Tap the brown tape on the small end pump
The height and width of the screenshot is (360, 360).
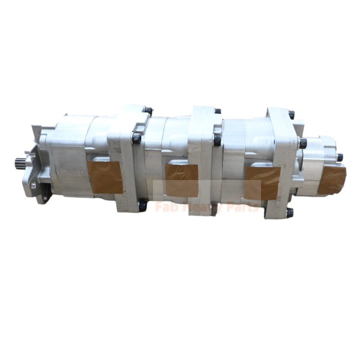tap(332, 180)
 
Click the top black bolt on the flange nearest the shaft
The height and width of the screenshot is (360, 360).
tap(148, 111)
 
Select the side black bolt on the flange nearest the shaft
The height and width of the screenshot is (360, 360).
tap(136, 139)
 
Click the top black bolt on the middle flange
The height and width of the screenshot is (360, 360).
tap(218, 111)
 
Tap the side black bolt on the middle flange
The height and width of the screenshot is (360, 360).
tap(217, 140)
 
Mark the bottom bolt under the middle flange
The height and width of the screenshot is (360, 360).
tap(215, 209)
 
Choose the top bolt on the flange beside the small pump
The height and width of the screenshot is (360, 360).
tap(291, 115)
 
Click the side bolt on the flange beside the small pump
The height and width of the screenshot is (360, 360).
tap(302, 143)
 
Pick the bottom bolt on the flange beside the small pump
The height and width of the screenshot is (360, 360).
tap(289, 212)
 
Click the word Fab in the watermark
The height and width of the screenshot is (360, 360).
tap(164, 207)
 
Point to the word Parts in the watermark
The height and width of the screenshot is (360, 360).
tap(243, 207)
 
